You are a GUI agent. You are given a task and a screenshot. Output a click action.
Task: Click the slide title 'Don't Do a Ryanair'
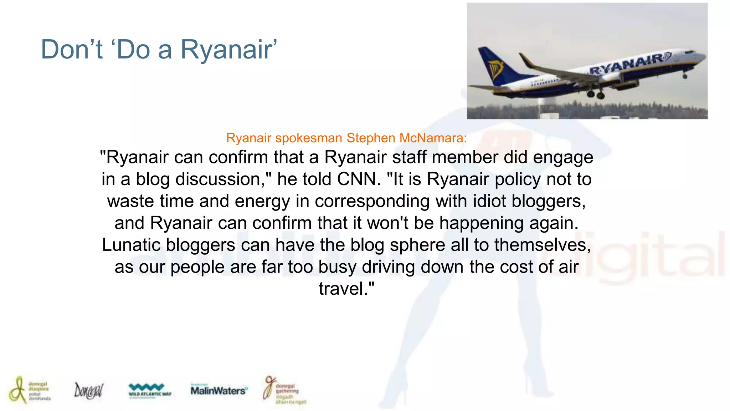[159, 49]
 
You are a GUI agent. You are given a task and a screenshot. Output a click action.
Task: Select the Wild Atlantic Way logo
[149, 390]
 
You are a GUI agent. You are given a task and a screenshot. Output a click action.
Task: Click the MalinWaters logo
[219, 390]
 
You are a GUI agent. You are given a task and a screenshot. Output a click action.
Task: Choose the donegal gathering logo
[284, 390]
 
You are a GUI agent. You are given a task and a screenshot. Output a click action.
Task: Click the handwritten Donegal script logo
[88, 391]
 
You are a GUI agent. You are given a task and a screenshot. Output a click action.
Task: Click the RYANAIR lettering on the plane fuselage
[629, 64]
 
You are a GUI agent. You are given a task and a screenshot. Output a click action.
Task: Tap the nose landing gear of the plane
[685, 76]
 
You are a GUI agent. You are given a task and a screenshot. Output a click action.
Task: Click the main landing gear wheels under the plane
[596, 95]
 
